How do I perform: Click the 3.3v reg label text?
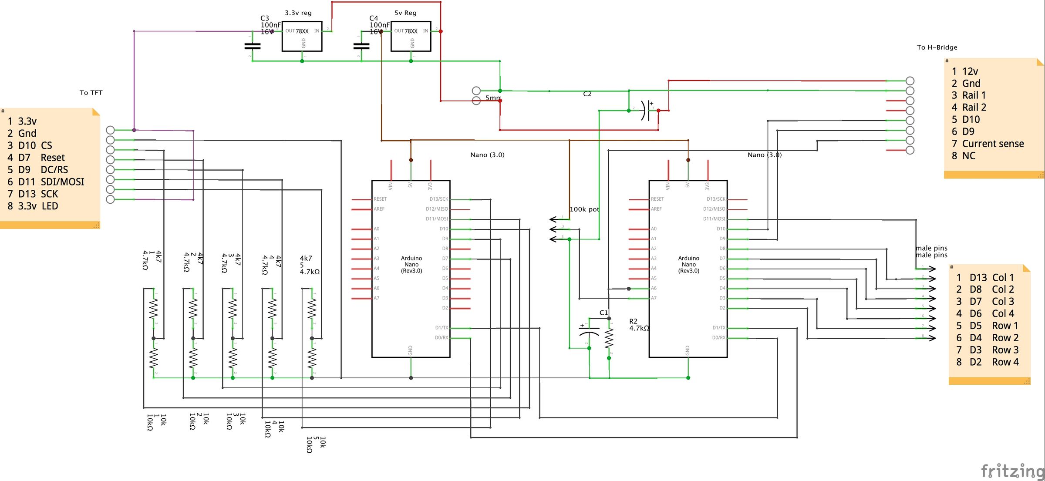pos(298,13)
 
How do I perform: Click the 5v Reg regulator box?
pos(411,37)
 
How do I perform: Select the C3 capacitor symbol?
pos(252,46)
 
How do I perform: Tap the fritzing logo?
pos(1012,471)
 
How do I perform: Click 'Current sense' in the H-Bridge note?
pos(993,144)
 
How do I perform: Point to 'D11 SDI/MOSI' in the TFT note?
pos(51,182)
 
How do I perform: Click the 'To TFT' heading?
pos(91,93)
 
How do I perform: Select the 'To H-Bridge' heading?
pos(937,47)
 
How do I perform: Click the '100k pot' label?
pos(584,209)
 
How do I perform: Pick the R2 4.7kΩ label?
pos(638,325)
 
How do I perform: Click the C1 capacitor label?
pos(603,313)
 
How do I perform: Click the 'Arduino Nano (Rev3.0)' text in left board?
pos(411,264)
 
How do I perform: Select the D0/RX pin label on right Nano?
pos(718,338)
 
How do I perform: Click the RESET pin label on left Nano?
pos(380,199)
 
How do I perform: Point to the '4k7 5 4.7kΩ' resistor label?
pos(310,265)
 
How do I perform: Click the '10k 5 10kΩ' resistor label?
pos(316,444)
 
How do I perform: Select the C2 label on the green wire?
pos(587,94)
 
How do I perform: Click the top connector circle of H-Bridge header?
pos(910,81)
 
